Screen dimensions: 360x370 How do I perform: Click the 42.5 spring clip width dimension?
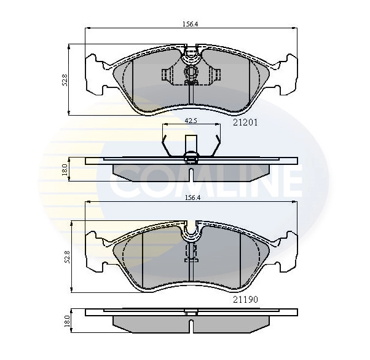click(x=191, y=121)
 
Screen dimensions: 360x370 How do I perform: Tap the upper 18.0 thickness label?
click(x=64, y=169)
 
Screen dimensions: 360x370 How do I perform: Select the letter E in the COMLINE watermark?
click(x=289, y=180)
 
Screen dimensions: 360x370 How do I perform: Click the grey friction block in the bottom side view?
click(x=192, y=323)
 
